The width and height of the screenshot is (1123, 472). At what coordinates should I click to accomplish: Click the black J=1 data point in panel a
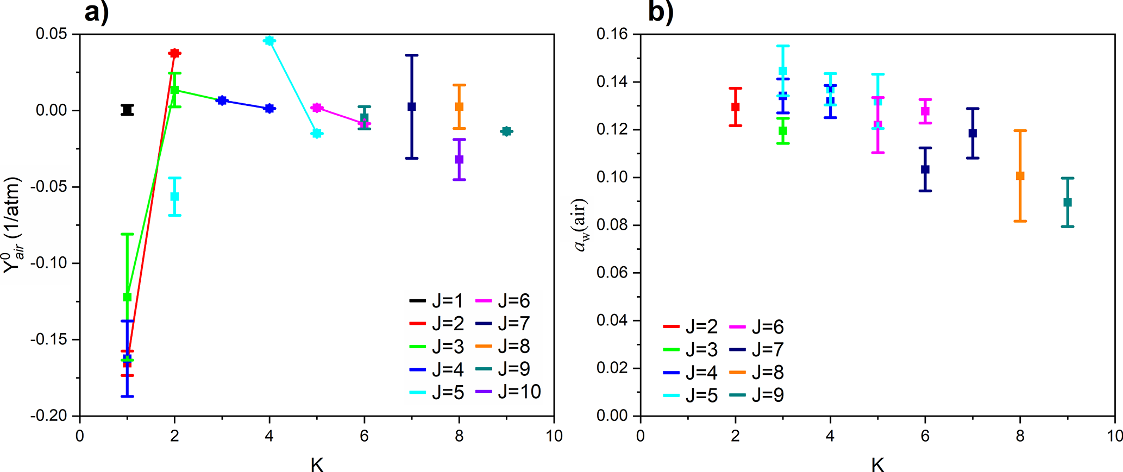coord(127,110)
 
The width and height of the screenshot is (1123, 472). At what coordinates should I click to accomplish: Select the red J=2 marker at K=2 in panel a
coord(174,53)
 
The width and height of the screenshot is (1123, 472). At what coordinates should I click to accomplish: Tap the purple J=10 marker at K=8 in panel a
coord(459,159)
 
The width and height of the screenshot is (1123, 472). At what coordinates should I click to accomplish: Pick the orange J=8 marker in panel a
coord(459,107)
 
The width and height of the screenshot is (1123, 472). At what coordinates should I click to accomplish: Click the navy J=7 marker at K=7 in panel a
coord(412,107)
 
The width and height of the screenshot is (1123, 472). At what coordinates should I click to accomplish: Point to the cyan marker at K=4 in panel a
coord(269,41)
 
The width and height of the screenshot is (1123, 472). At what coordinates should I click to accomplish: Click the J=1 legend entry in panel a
coord(437,300)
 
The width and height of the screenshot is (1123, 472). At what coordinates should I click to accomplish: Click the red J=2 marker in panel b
coord(736,107)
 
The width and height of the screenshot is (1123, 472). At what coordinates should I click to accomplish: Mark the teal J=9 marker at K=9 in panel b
coord(1068,203)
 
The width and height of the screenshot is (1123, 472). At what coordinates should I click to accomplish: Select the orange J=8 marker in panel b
coord(1020,176)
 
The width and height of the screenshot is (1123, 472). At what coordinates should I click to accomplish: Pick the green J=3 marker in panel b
coord(783,131)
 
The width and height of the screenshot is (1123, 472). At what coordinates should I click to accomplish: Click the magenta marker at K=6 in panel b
coord(925,111)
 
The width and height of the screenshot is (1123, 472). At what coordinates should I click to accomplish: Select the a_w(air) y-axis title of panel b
coord(581,225)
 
